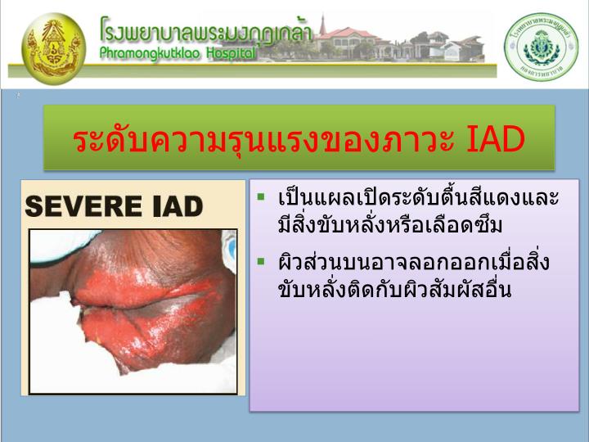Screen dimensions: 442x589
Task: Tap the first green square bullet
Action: (x=261, y=197)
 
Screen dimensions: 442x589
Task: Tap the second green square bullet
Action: (x=261, y=262)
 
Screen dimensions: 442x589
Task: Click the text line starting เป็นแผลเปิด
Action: (x=418, y=199)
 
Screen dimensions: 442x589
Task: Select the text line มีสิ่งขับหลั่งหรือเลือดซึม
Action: (x=389, y=224)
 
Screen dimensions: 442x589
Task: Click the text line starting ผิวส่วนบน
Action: (x=413, y=264)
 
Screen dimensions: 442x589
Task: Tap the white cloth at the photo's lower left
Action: (x=57, y=360)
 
